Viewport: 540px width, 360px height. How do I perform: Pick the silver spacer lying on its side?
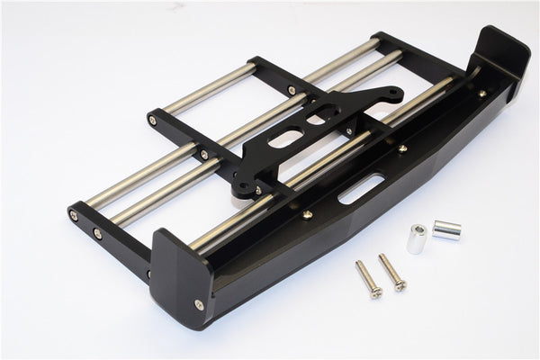[446, 229]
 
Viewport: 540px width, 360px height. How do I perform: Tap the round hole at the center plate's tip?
[392, 91]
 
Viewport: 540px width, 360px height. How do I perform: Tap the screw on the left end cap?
[199, 304]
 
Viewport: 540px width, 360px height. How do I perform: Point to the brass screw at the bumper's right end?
[482, 93]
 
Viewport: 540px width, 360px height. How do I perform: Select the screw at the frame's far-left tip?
[74, 216]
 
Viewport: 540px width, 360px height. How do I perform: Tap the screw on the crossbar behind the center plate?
[293, 90]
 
